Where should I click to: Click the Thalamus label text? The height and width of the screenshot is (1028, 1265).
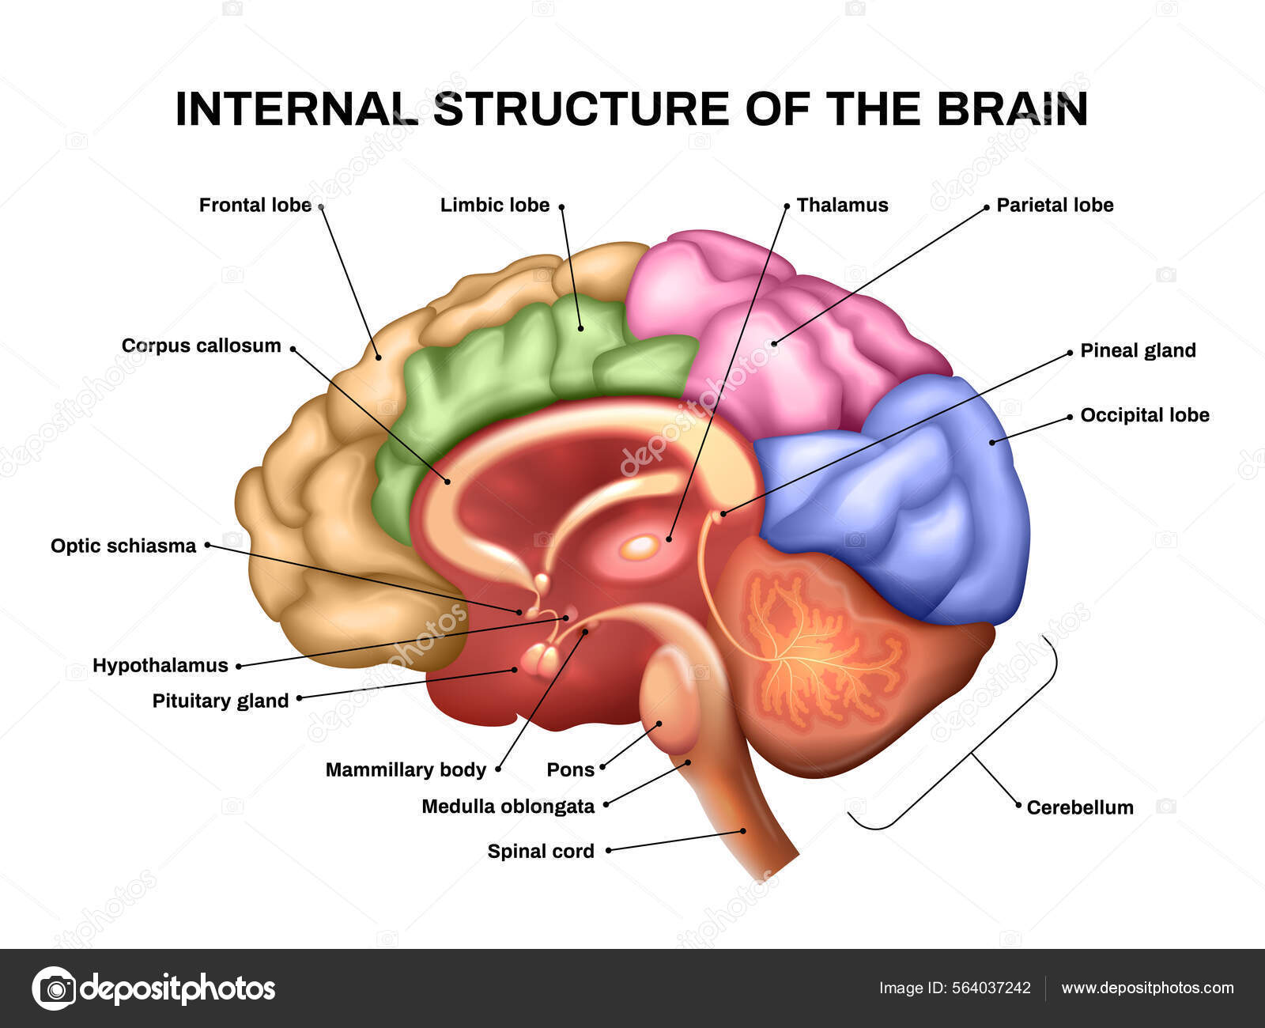tap(842, 206)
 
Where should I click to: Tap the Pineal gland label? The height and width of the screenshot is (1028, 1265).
tap(1138, 351)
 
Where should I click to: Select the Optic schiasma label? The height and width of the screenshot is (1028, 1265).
tap(123, 546)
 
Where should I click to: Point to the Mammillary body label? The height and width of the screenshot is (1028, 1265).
tap(406, 770)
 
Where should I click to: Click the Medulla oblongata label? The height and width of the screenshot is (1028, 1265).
tap(508, 807)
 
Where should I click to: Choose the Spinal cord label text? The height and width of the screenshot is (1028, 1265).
tap(541, 852)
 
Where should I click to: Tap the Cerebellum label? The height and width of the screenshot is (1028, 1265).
tap(1079, 807)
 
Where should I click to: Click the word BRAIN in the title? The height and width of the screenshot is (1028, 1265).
tap(1013, 109)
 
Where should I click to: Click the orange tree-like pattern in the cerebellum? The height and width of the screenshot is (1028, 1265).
tap(814, 648)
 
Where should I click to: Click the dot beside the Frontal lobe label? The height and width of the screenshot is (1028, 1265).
tap(321, 206)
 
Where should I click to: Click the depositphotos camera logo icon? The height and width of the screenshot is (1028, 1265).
tap(55, 988)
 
